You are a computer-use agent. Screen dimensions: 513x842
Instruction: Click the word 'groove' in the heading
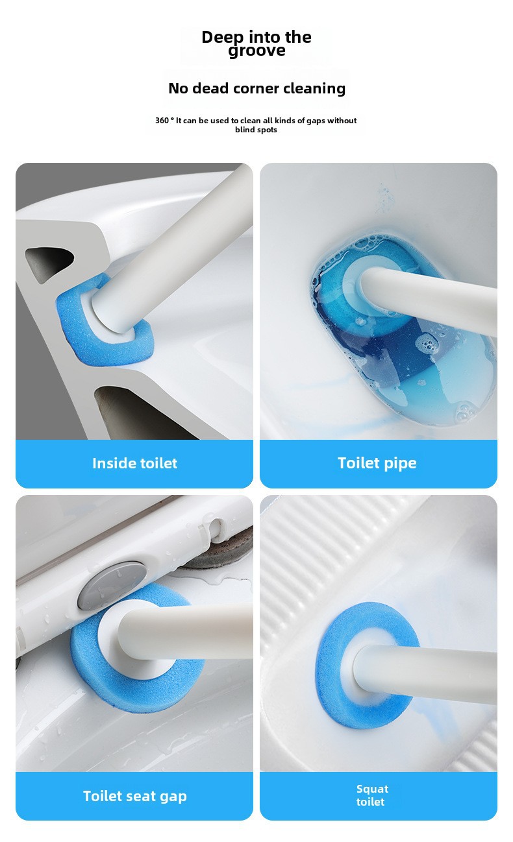click(256, 51)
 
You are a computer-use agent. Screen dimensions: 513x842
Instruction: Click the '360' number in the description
click(162, 120)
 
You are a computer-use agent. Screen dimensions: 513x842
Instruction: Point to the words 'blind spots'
click(256, 130)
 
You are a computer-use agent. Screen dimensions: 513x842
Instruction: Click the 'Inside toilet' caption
click(134, 463)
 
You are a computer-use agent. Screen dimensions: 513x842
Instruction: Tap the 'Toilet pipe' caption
click(377, 463)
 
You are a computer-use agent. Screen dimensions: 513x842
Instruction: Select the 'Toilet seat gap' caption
click(134, 796)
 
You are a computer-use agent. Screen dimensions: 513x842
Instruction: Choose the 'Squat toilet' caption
click(372, 795)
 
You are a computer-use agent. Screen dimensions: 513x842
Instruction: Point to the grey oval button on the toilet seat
click(112, 585)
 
